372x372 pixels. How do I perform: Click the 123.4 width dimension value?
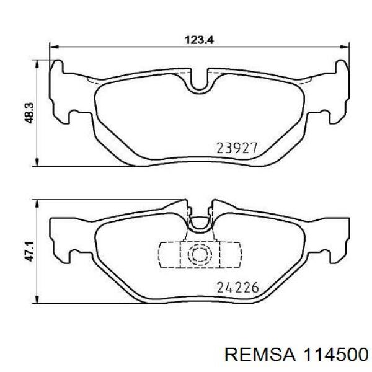click(199, 40)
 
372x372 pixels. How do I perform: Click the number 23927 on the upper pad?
click(237, 148)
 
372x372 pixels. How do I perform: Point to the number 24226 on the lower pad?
click(237, 288)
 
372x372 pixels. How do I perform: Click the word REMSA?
click(260, 355)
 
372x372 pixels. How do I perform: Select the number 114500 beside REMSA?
click(336, 355)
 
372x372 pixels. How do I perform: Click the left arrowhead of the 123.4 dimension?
click(53, 46)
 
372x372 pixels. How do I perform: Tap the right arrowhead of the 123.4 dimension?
click(345, 46)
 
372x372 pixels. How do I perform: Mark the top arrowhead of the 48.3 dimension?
click(37, 64)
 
